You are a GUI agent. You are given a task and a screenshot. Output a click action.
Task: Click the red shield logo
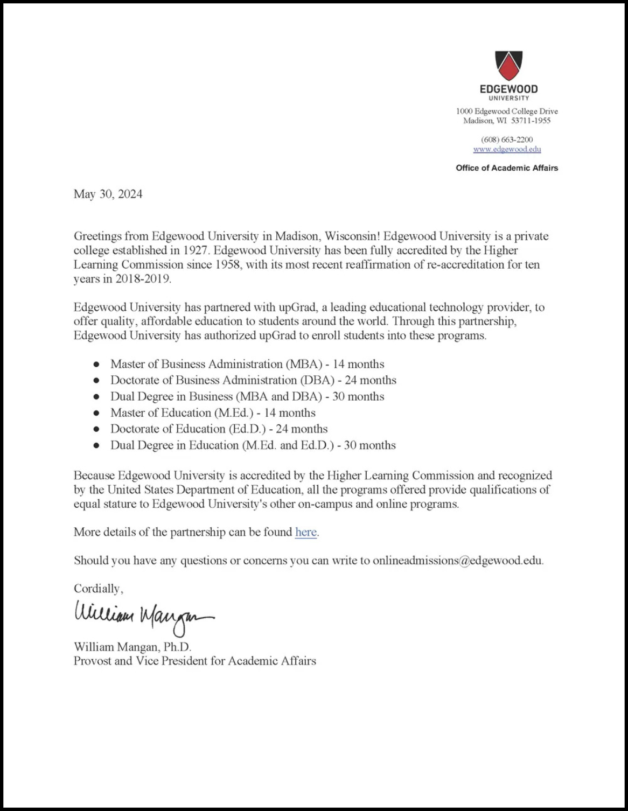pyautogui.click(x=508, y=65)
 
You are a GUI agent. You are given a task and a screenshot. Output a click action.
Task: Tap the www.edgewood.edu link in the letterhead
pyautogui.click(x=507, y=149)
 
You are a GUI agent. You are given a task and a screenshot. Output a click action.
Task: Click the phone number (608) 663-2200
pyautogui.click(x=507, y=139)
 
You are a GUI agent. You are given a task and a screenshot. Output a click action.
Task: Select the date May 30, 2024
pyautogui.click(x=108, y=194)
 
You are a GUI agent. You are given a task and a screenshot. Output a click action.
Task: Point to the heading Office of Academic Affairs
pyautogui.click(x=507, y=168)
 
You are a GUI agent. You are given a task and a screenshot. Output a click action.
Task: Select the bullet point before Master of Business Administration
pyautogui.click(x=96, y=365)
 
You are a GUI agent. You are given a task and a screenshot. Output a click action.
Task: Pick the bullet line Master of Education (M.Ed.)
pyautogui.click(x=213, y=413)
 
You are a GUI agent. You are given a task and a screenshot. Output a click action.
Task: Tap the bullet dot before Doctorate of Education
pyautogui.click(x=96, y=429)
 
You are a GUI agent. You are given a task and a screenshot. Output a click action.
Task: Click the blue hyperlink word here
pyautogui.click(x=305, y=532)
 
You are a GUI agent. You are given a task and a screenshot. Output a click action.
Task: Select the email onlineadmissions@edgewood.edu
pyautogui.click(x=457, y=561)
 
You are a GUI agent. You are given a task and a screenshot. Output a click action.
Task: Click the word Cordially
pyautogui.click(x=97, y=589)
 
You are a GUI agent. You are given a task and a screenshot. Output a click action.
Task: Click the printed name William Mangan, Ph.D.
pyautogui.click(x=132, y=647)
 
